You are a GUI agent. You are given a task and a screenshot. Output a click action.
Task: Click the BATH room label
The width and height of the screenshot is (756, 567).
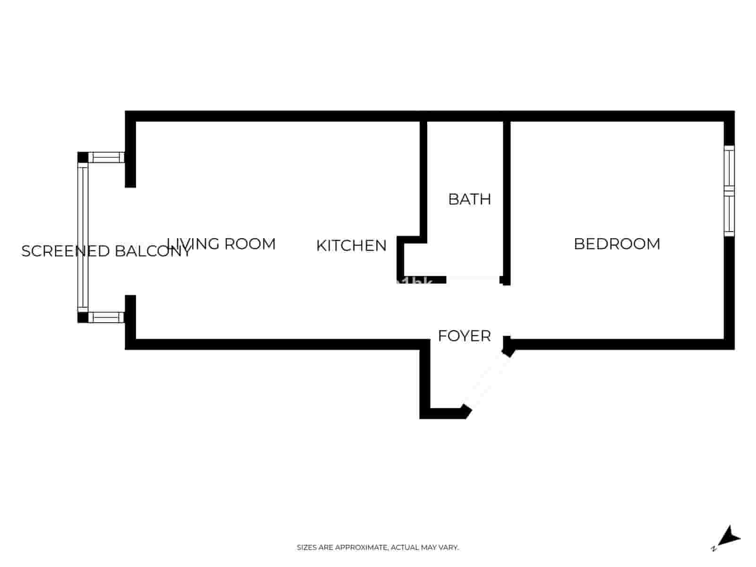[x=469, y=199]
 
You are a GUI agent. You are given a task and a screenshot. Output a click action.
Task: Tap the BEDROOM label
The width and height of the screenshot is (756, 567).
[x=617, y=244]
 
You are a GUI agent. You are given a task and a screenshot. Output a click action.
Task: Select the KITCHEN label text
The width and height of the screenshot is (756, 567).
[x=351, y=246]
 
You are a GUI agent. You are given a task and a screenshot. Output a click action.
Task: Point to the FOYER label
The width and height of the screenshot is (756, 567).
[x=464, y=336]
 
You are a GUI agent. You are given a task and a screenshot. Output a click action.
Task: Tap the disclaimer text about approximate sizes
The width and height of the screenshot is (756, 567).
[x=378, y=548]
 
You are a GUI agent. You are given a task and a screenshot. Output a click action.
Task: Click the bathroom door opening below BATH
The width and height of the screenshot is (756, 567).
[x=472, y=280]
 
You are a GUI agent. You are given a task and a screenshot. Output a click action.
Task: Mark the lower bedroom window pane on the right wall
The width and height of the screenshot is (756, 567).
[x=730, y=215]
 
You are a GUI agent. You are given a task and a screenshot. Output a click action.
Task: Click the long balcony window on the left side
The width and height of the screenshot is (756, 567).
[x=83, y=237]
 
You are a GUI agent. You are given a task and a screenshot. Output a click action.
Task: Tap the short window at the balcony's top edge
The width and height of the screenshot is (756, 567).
[x=106, y=157]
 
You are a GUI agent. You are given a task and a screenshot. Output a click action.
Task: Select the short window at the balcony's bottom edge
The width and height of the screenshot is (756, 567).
[x=106, y=317]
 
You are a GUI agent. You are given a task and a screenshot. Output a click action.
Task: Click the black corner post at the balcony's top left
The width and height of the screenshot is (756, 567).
[x=83, y=157]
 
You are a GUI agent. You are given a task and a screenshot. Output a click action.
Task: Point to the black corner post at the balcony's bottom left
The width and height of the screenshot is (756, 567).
[x=83, y=317]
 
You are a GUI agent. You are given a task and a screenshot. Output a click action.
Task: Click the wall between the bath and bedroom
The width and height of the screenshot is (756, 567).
[x=507, y=198]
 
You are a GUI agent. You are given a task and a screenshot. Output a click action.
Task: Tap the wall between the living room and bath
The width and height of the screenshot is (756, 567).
[x=423, y=180]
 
